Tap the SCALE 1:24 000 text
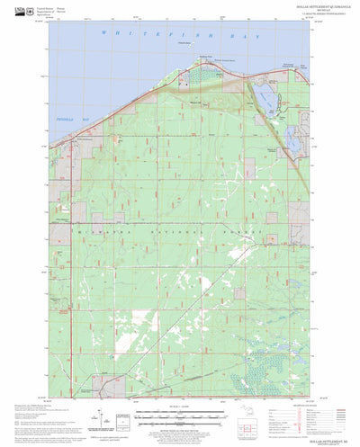click(180, 411)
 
